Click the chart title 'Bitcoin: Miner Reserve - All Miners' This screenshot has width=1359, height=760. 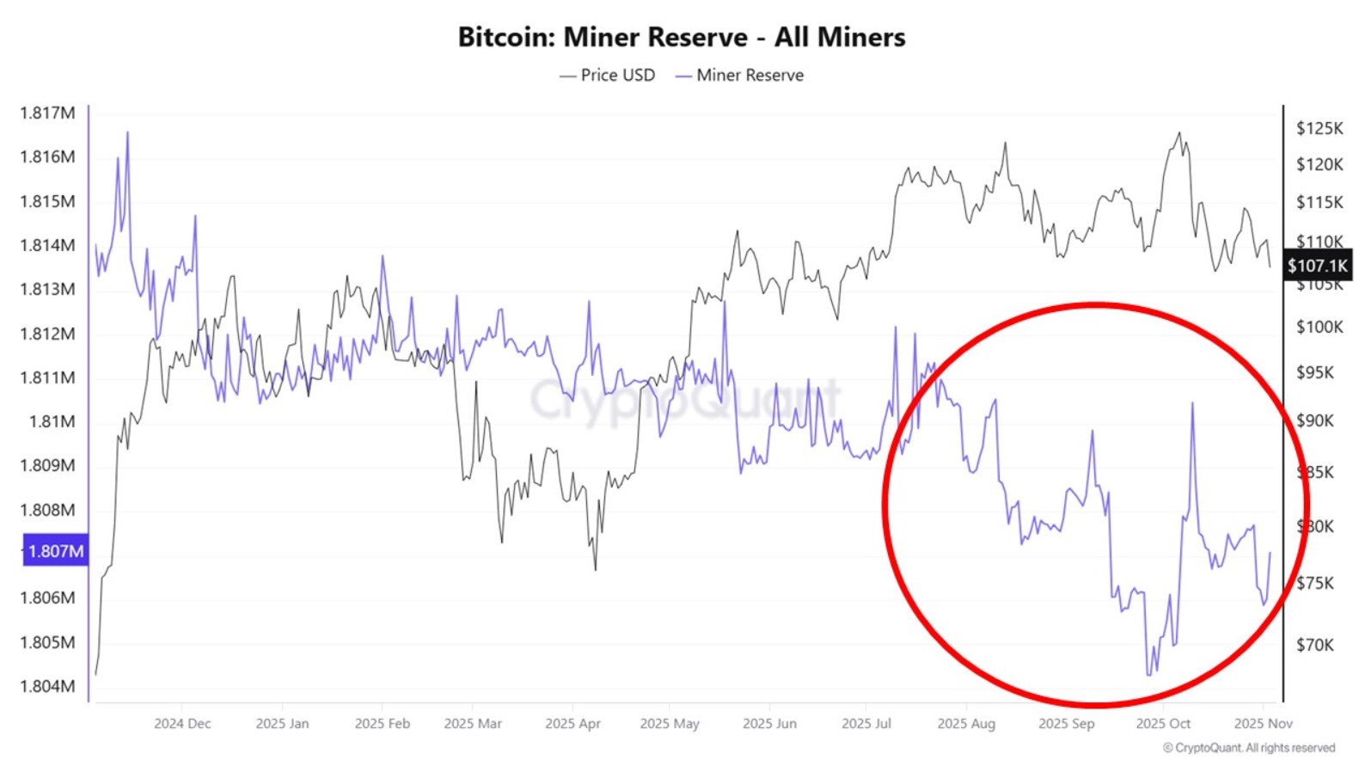pos(681,37)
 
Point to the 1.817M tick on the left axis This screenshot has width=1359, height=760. pos(47,113)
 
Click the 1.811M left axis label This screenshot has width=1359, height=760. pos(47,377)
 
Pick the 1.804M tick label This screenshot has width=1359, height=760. pos(47,686)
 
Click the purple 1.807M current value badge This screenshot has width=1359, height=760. pos(55,551)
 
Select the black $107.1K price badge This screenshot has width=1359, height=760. pos(1317,266)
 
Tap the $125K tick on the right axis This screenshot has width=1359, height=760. pos(1319,128)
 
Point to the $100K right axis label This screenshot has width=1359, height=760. pos(1319,327)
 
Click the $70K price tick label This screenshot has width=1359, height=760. pos(1315,644)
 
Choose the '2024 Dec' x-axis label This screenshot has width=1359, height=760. pos(182,723)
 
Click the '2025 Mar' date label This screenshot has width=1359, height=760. pos(472,723)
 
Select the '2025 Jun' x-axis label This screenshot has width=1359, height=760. pos(769,723)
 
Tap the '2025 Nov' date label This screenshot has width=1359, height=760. pos(1263,723)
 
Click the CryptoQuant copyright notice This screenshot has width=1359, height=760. pos(1249,748)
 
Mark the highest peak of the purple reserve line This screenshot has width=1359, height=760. pos(127,133)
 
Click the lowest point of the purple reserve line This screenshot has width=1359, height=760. pos(1148,674)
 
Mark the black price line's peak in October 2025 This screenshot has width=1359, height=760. pos(1178,133)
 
